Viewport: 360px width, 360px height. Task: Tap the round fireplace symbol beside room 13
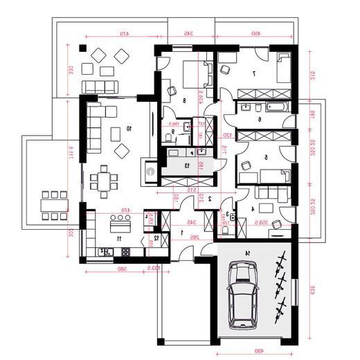coord(150,167)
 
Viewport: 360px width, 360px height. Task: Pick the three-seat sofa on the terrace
coord(100,87)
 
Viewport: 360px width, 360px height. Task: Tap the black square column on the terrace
coord(82,48)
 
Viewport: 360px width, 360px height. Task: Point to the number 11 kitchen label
coord(119,238)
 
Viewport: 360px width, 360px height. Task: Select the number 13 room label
coord(186,165)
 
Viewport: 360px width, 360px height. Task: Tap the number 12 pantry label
coord(156,237)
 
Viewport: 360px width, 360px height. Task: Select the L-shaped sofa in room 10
coord(96,125)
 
